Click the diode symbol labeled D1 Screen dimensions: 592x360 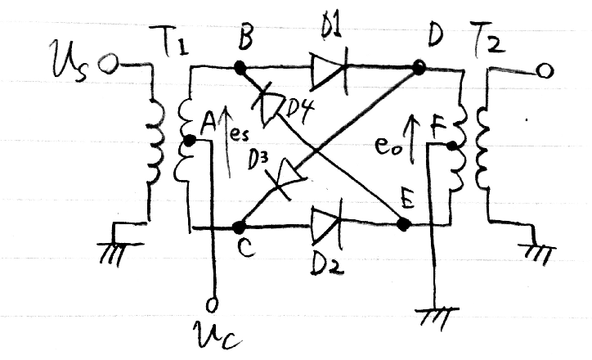[330, 72]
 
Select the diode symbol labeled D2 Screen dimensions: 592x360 [327, 225]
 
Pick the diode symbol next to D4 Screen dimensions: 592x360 [271, 105]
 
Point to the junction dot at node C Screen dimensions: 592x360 [239, 227]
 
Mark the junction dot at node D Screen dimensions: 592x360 [419, 68]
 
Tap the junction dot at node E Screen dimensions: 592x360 [404, 224]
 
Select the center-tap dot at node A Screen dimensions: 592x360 [189, 141]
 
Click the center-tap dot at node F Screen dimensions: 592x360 [452, 146]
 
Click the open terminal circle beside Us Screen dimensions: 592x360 [109, 63]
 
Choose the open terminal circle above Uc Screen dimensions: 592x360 [212, 304]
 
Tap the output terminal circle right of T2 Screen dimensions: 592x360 [545, 70]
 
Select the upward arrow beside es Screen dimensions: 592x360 [227, 142]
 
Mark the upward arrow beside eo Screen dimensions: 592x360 [413, 139]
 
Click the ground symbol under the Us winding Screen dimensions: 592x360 [119, 246]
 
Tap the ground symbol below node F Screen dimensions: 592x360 [437, 318]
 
